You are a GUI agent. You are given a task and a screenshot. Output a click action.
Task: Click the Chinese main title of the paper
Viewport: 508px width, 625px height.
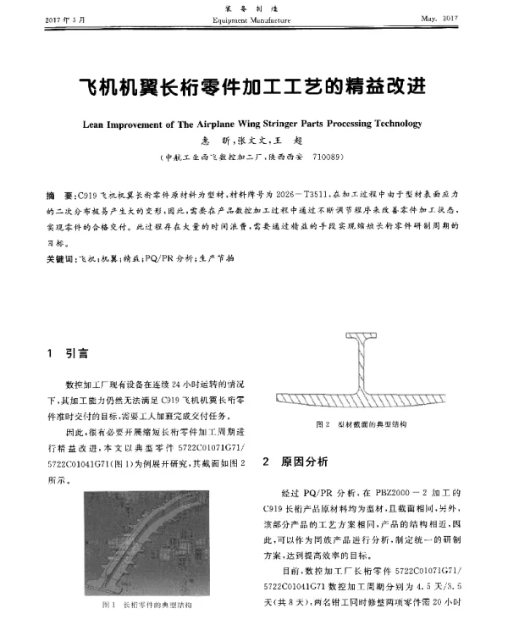pyautogui.click(x=253, y=87)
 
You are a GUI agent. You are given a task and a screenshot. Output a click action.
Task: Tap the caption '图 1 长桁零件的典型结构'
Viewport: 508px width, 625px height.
pyautogui.click(x=146, y=605)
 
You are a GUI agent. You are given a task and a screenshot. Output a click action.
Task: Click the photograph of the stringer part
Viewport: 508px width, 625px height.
pyautogui.click(x=145, y=542)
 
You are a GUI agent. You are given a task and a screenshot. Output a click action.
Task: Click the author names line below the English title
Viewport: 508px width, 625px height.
pyautogui.click(x=253, y=141)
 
